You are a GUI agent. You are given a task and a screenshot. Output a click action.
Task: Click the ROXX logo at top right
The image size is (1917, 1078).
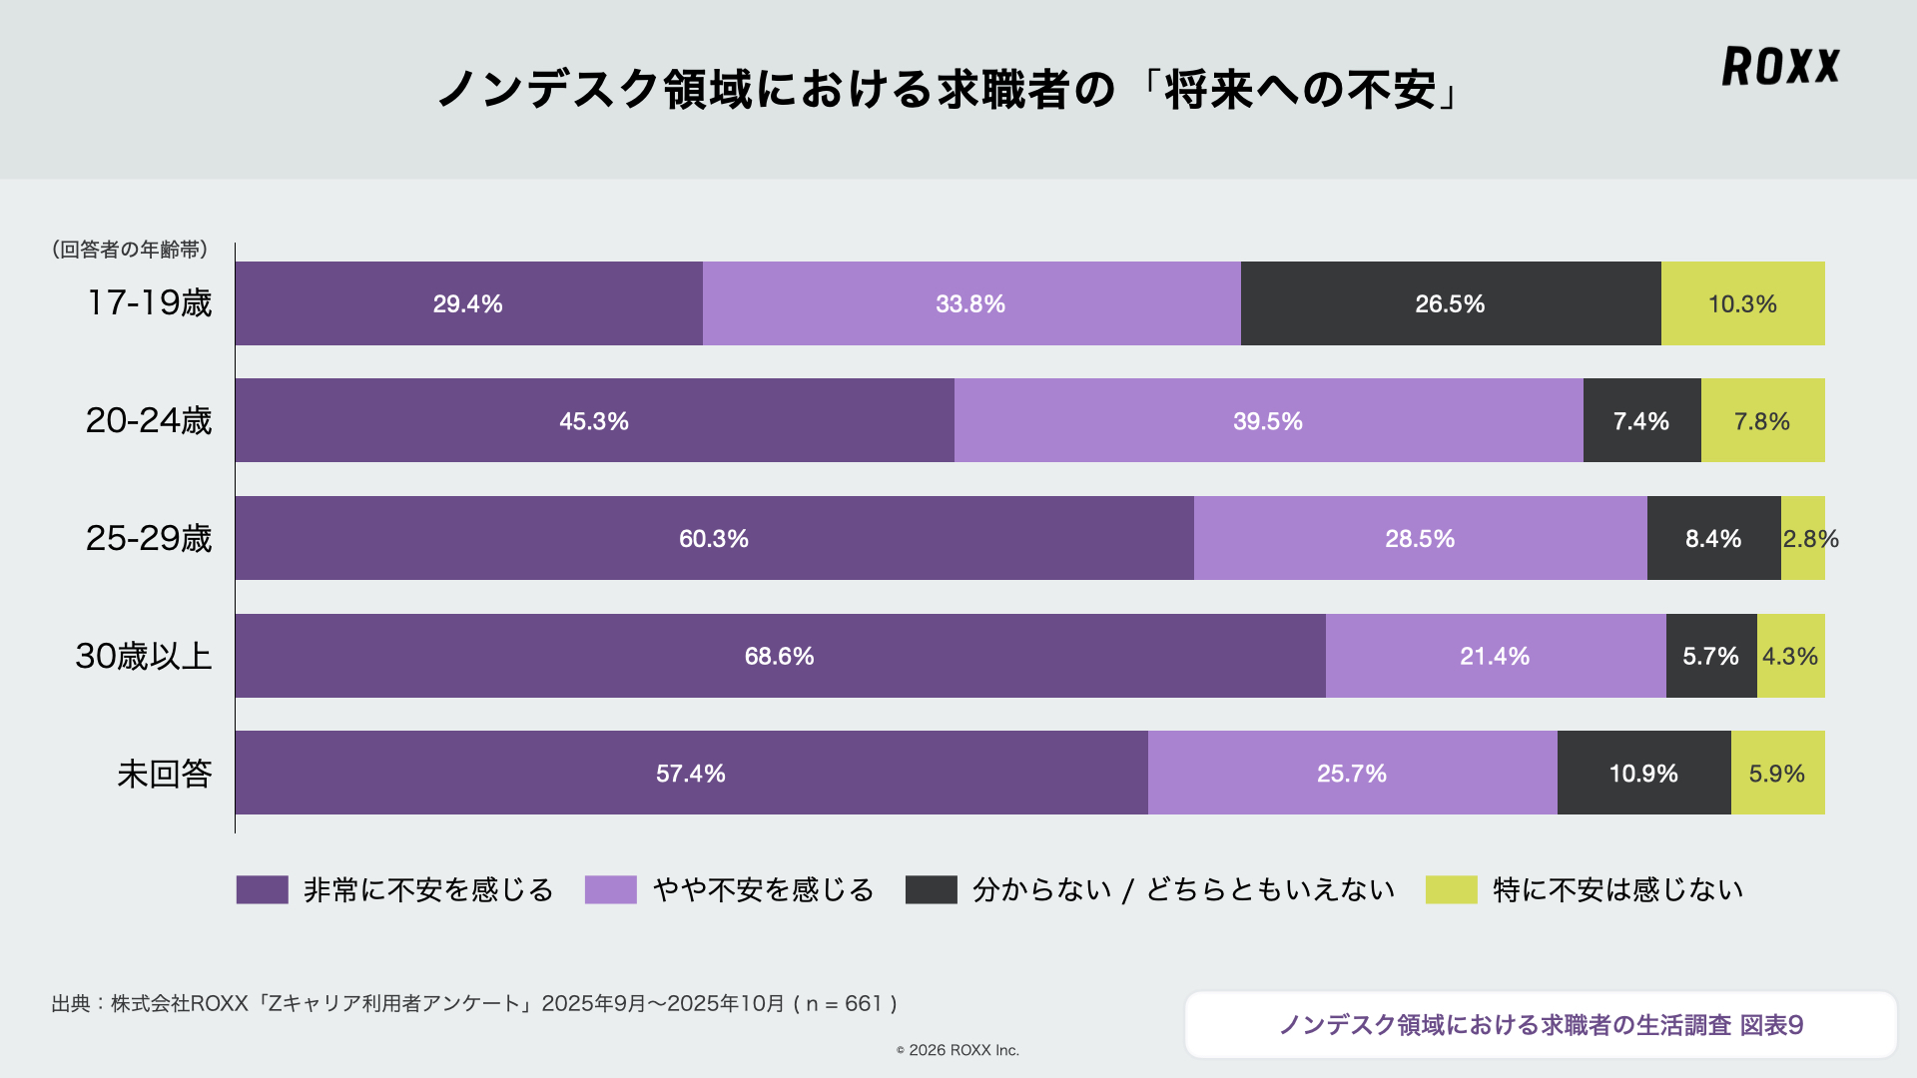[x=1780, y=66]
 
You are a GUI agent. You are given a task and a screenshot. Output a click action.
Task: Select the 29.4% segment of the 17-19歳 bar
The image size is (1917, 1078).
[x=468, y=303]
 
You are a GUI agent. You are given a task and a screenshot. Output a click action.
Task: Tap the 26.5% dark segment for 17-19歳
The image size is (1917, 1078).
[x=1450, y=303]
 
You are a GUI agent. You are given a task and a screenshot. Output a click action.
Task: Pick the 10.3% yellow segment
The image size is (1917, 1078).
[x=1742, y=303]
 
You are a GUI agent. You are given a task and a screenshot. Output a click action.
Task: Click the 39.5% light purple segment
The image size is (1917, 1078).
[x=1268, y=420]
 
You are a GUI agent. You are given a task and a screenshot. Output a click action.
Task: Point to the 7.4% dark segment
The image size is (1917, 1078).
[x=1641, y=420]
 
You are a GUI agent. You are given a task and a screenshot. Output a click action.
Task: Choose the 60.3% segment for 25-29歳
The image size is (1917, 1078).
[x=714, y=538]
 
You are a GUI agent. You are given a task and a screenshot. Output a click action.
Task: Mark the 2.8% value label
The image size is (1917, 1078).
[x=1810, y=539]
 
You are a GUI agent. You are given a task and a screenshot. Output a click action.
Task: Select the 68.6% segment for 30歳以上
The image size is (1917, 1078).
[x=780, y=656]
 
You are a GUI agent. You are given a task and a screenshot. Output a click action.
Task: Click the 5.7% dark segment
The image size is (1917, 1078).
[x=1710, y=656]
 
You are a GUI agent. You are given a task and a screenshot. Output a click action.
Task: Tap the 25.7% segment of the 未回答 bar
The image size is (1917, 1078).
[x=1352, y=773]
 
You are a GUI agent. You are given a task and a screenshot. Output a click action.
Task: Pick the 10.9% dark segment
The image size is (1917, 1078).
[x=1643, y=773]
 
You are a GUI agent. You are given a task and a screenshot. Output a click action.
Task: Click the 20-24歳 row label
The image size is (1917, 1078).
[x=149, y=420]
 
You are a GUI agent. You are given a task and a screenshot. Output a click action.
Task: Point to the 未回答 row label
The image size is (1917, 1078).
[x=165, y=774]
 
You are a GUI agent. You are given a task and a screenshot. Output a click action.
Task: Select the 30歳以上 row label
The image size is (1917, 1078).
[x=144, y=656]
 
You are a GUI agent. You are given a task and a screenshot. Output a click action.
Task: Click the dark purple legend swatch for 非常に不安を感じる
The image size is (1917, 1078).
[x=262, y=889]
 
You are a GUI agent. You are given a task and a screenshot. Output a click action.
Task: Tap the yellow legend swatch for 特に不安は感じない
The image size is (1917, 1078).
[x=1451, y=889]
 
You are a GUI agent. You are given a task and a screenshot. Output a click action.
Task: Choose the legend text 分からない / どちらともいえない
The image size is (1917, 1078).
[x=1183, y=889]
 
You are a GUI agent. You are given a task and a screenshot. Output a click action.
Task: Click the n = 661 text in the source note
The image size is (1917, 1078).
[x=845, y=1003]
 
